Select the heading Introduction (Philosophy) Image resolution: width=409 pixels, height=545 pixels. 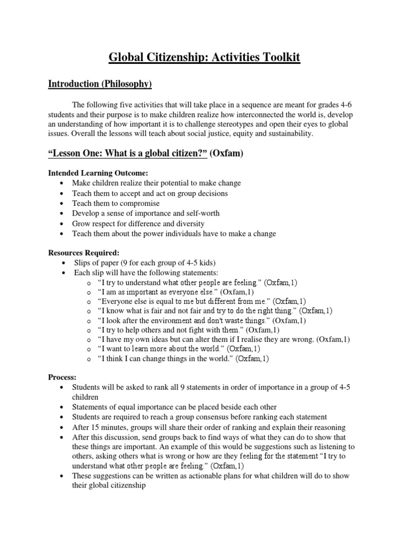[x=100, y=84]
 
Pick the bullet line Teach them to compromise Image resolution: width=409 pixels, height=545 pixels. [x=116, y=203]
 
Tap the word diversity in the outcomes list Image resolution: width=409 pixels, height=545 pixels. [x=188, y=224]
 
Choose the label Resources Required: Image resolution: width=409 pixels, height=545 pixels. [x=84, y=252]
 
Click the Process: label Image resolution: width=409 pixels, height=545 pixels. [x=63, y=376]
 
